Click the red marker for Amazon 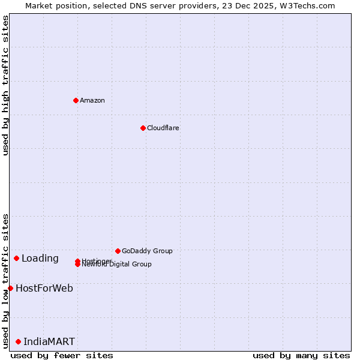[76, 100]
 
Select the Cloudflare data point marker [143, 128]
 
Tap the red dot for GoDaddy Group [118, 251]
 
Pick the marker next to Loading [16, 258]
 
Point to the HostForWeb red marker [10, 288]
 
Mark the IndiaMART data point [18, 341]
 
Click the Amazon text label [92, 100]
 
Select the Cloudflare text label [163, 128]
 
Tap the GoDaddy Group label [147, 251]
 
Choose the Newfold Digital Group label [118, 265]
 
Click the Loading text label [40, 259]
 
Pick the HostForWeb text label [44, 289]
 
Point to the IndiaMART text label [49, 342]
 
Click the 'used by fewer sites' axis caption [62, 355]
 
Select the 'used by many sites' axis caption [301, 355]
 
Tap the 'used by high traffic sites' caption [5, 85]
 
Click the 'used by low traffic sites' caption [5, 280]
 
